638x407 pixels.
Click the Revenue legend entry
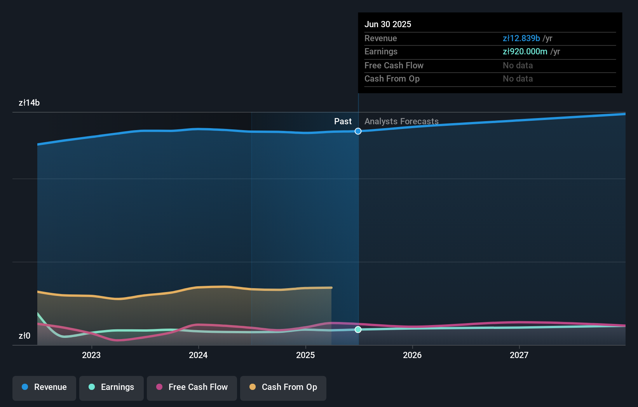(x=44, y=387)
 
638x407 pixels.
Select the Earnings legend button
(x=112, y=387)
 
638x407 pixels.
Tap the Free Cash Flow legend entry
(x=192, y=387)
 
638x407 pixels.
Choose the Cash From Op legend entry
(x=283, y=387)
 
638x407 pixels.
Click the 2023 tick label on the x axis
(x=91, y=355)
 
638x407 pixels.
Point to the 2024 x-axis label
(x=198, y=355)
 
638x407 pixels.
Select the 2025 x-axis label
(x=305, y=355)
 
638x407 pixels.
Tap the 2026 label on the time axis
(x=412, y=355)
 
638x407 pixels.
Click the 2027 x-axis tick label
(x=519, y=355)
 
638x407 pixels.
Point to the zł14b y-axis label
(x=29, y=103)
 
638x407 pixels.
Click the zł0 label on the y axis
(x=24, y=336)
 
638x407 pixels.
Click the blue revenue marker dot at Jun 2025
(x=358, y=131)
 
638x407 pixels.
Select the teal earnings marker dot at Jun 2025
(x=358, y=329)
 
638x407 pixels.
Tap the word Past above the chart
(x=343, y=122)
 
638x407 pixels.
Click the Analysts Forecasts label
(x=401, y=122)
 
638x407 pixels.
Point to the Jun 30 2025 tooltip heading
(x=388, y=24)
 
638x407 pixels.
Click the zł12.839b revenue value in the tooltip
(x=521, y=38)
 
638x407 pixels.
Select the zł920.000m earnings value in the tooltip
(x=525, y=52)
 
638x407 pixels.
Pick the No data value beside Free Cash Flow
(x=518, y=65)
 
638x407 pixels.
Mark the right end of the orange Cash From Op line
(x=331, y=288)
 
